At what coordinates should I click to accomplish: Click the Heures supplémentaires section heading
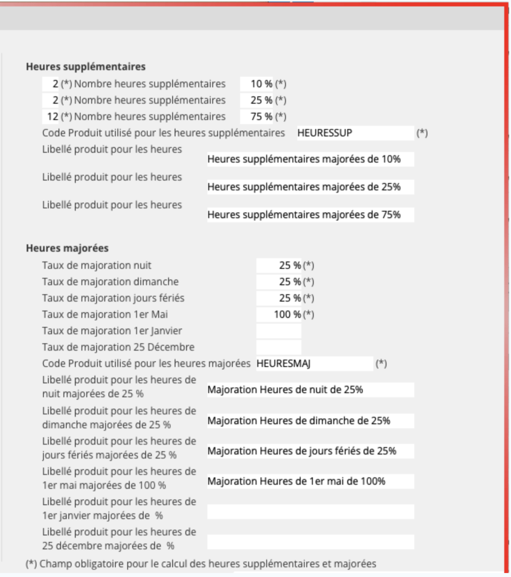[x=86, y=67]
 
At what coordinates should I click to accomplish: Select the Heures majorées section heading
[x=67, y=248]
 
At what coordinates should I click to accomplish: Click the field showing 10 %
[x=257, y=84]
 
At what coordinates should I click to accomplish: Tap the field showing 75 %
[x=257, y=117]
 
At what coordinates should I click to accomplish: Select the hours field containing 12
[x=51, y=117]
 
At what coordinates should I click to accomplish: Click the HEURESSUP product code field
[x=355, y=134]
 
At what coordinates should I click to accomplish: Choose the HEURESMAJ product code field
[x=314, y=364]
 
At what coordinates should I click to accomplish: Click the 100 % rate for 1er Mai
[x=279, y=314]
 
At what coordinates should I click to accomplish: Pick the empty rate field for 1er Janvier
[x=279, y=331]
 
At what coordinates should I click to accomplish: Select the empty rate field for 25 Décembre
[x=279, y=347]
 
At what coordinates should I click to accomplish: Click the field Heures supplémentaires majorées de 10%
[x=310, y=159]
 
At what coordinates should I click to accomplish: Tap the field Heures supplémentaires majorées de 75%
[x=310, y=215]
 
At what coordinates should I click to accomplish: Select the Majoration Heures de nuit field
[x=310, y=390]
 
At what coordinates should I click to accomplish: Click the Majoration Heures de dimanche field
[x=310, y=421]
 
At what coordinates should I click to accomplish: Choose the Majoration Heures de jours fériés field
[x=310, y=451]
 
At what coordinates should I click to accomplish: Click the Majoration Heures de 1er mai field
[x=310, y=481]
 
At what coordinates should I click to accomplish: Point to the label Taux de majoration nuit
[x=97, y=265]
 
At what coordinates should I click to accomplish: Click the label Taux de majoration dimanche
[x=110, y=281]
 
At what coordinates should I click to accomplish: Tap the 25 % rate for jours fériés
[x=279, y=298]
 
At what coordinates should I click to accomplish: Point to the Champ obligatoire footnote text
[x=201, y=563]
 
